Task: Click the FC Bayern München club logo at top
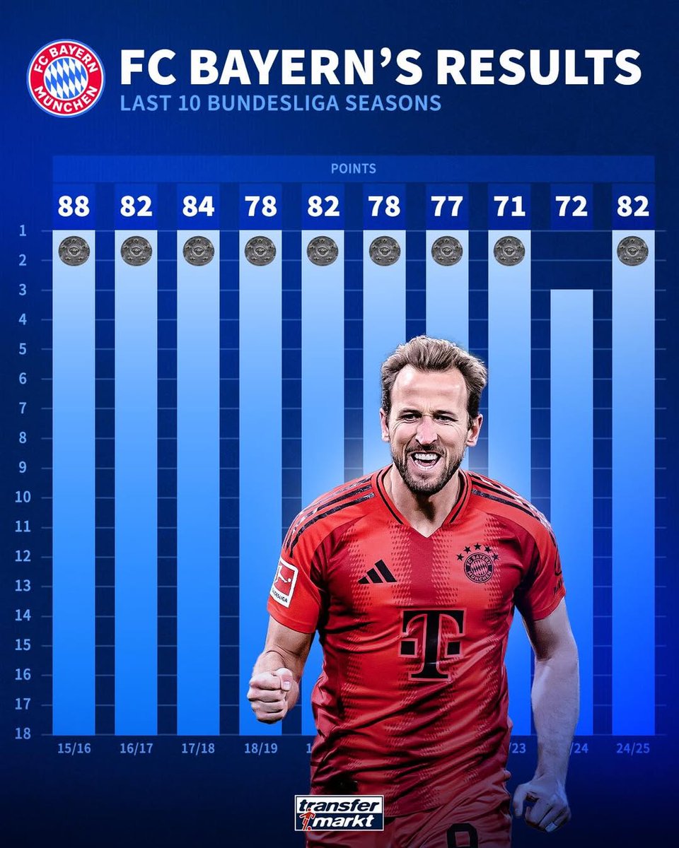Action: coord(65,78)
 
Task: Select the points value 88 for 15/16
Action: coord(74,207)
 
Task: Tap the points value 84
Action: coord(198,207)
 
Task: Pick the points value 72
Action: coord(571,207)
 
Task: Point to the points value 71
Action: coord(509,207)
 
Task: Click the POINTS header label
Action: coord(353,170)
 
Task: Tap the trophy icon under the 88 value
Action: coord(74,251)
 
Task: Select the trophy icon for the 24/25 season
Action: coord(632,251)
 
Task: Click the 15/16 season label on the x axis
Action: coord(74,747)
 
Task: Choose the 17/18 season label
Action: coord(198,747)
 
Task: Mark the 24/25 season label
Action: coord(633,747)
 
